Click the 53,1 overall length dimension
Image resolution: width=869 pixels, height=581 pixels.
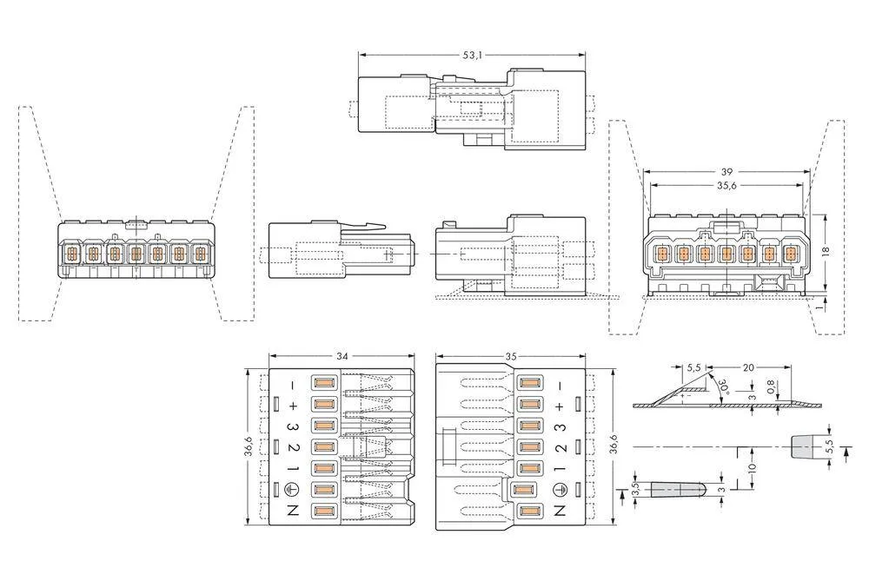pos(472,55)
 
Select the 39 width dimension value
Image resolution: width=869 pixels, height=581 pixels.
pos(726,172)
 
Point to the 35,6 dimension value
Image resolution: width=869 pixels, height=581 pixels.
pos(726,185)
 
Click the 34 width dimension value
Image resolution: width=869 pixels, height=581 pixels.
pos(342,355)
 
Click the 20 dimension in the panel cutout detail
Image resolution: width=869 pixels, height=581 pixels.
pos(748,368)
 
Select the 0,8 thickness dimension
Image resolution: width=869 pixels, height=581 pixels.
pos(770,386)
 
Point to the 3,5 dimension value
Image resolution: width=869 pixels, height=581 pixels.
pos(635,492)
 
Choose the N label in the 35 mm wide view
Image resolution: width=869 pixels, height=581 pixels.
pos(560,512)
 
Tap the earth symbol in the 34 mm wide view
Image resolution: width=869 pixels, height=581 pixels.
pos(293,490)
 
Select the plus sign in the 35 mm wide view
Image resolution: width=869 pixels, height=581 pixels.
pos(560,405)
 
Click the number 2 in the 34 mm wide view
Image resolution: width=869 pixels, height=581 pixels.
pos(293,447)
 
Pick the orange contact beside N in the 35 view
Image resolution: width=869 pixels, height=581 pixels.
pos(527,512)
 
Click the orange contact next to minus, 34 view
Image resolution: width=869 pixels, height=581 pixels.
pos(323,383)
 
